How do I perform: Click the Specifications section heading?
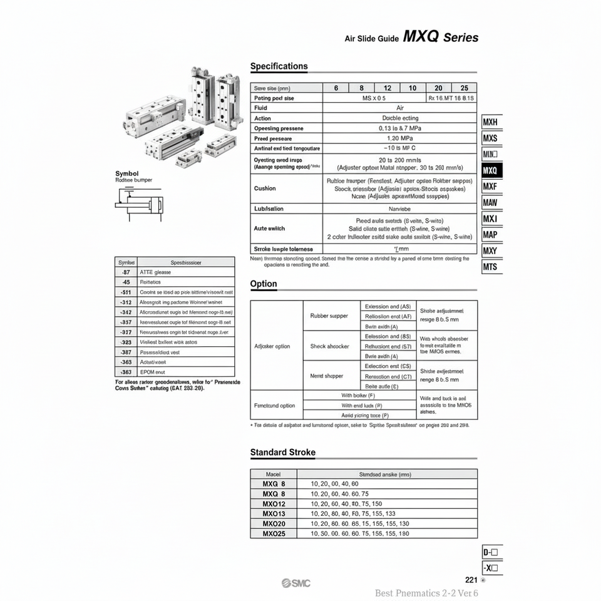tap(279, 66)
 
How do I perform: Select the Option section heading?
tap(264, 284)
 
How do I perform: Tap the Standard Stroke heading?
tap(282, 452)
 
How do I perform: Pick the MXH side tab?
tap(491, 122)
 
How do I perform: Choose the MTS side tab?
tap(491, 267)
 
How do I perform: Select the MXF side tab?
tap(491, 187)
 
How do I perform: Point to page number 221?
tap(471, 580)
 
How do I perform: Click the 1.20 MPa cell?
tap(399, 138)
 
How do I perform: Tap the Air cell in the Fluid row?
tap(399, 108)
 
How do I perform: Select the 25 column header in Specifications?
tap(464, 88)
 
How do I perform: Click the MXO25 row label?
tap(274, 533)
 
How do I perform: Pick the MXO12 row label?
tap(274, 503)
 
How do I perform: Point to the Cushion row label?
tap(265, 188)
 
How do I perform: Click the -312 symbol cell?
tap(125, 302)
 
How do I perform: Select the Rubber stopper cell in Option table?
tap(329, 316)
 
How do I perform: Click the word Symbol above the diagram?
tap(127, 173)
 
